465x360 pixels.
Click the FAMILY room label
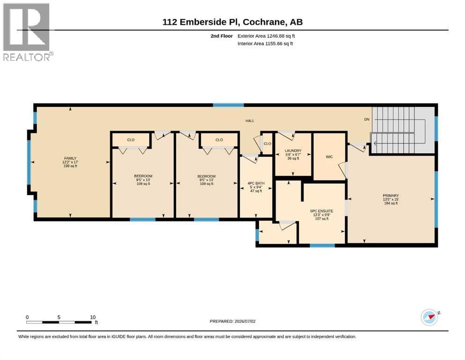pos(70,158)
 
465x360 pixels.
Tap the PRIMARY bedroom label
pos(391,195)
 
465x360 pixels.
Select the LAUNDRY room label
pos(293,151)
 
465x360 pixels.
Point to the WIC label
pos(329,157)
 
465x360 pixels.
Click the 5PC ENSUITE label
pos(321,211)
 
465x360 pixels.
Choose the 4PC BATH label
pos(256,183)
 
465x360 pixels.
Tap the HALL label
pos(250,121)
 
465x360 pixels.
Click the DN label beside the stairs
pos(367,120)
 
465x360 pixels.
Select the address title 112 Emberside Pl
pos(201,22)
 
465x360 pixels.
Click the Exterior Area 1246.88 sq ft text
pos(266,36)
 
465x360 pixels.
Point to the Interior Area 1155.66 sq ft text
pos(265,44)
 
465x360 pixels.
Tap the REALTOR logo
pos(28,32)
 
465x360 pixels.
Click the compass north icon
pos(430,317)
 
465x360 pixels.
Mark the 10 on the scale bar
pos(93,317)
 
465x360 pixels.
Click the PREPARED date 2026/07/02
pos(245,321)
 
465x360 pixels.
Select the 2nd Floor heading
pos(221,36)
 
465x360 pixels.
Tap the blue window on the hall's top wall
pos(229,105)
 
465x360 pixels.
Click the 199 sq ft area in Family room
pos(70,166)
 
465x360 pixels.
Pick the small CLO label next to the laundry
pos(267,143)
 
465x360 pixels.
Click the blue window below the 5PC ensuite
pos(322,246)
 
